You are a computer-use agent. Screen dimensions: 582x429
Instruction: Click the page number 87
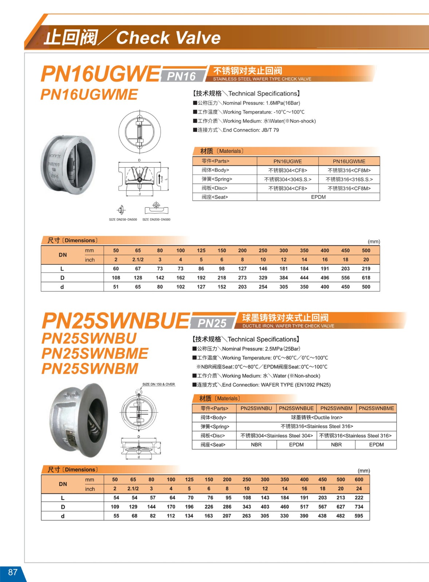point(13,572)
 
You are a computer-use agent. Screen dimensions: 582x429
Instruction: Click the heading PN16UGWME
point(89,95)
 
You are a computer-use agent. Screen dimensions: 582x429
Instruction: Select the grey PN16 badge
point(181,76)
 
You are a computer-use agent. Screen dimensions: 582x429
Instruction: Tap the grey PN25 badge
point(212,323)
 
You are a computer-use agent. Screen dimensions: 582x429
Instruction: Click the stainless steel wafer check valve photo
point(68,164)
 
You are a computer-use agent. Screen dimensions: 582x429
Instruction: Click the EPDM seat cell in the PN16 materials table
point(318,197)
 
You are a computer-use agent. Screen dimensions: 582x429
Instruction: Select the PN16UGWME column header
point(349,161)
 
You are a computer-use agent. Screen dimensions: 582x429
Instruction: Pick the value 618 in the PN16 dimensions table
point(366,278)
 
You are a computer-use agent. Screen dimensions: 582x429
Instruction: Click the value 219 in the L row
point(366,268)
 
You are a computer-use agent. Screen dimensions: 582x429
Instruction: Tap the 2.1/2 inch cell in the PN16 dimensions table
point(138,260)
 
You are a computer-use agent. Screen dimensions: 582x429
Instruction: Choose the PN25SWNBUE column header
point(296,408)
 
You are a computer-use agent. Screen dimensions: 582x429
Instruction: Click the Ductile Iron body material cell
point(316,418)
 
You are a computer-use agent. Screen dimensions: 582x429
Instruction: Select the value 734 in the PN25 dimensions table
point(359,507)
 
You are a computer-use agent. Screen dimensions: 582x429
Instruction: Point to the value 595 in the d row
point(359,516)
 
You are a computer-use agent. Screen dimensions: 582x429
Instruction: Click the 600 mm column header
point(359,479)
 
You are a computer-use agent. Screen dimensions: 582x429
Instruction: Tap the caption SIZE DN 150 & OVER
point(158,384)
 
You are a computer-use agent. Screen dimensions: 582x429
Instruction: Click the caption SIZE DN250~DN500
point(123,219)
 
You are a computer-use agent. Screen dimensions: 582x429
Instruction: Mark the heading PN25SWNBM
point(90,369)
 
